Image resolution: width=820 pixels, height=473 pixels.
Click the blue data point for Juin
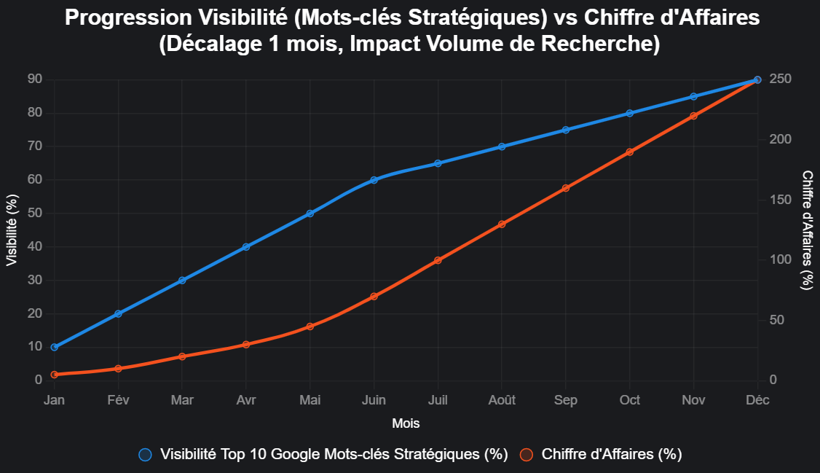tap(374, 179)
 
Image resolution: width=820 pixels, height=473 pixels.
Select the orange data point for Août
tap(502, 224)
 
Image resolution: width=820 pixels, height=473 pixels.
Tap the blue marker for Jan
tap(54, 347)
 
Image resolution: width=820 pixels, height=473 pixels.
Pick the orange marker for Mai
tap(310, 327)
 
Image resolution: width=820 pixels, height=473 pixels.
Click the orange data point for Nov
tap(693, 116)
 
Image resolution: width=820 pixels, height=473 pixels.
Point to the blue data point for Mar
tap(182, 281)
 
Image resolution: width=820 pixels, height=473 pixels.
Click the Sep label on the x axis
tap(566, 400)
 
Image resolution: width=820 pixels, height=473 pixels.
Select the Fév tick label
tap(118, 400)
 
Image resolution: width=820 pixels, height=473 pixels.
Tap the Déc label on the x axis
tap(757, 400)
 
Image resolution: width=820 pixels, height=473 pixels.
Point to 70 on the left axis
tap(34, 146)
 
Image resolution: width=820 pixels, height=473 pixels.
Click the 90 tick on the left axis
tap(34, 79)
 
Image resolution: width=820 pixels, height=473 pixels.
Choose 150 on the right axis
tap(781, 199)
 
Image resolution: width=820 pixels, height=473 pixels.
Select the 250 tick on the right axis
tap(781, 79)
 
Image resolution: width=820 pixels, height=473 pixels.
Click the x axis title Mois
tap(406, 423)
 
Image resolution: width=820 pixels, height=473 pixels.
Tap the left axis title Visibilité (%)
tap(12, 230)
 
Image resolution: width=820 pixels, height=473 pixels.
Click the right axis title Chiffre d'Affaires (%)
tap(807, 230)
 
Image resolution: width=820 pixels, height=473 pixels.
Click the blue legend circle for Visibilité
tap(146, 455)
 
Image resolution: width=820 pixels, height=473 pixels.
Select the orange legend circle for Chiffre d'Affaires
tap(527, 455)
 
